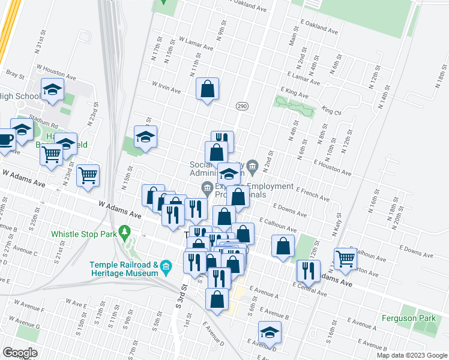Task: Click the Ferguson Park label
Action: [x=406, y=317]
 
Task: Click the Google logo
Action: [x=20, y=353]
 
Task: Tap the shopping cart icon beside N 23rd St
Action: [x=89, y=176]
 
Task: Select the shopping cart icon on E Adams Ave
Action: [x=345, y=258]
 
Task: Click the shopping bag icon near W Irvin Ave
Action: [x=207, y=89]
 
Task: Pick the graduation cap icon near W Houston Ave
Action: [x=52, y=90]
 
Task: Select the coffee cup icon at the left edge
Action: [x=5, y=140]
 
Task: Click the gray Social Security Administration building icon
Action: [x=252, y=165]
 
